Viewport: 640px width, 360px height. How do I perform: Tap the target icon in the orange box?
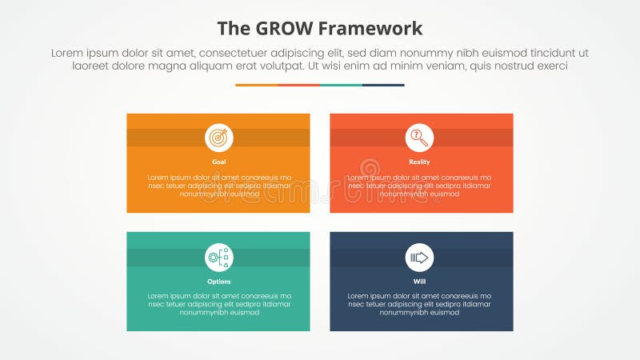(x=218, y=138)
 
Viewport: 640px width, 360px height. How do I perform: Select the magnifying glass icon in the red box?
(x=419, y=138)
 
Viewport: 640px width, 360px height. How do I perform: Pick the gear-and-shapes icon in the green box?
(x=218, y=257)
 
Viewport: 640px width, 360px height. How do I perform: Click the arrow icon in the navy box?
(x=419, y=257)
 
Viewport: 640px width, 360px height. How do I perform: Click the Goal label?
(x=218, y=162)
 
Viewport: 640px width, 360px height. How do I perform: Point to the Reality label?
(x=419, y=162)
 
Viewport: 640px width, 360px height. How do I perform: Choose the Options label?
(x=218, y=281)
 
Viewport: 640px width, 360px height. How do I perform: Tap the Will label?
(x=419, y=281)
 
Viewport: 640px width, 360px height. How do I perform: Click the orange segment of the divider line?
(x=256, y=85)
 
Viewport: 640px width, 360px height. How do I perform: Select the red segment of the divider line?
(x=298, y=85)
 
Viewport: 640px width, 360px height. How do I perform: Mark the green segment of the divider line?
(x=341, y=85)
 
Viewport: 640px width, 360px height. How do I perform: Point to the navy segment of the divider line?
(x=383, y=85)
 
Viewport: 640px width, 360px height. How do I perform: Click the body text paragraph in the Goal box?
(x=218, y=186)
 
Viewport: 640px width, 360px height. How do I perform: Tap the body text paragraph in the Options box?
(x=218, y=304)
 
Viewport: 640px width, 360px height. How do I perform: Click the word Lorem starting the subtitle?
(x=68, y=53)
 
